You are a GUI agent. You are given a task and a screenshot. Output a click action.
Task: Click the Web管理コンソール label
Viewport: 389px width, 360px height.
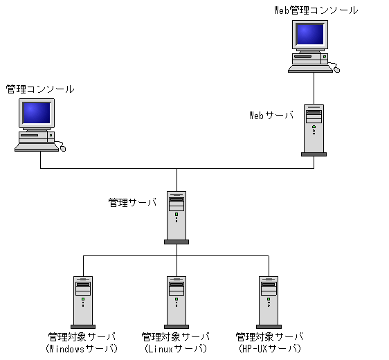point(316,10)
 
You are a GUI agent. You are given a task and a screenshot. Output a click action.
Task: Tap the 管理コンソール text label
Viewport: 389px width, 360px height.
point(40,89)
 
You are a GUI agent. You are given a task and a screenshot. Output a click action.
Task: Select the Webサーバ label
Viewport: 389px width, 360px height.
point(271,115)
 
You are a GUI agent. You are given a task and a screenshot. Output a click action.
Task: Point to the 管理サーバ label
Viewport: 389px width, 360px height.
point(132,203)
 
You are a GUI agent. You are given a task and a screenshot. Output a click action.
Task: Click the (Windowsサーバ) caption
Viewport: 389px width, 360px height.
point(82,348)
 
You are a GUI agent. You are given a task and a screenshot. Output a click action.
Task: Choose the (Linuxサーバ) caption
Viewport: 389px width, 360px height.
point(176,348)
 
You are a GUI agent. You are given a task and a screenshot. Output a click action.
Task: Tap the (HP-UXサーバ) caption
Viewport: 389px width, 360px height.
point(269,348)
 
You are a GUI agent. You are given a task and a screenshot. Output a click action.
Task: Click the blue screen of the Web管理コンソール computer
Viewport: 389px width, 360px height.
point(309,35)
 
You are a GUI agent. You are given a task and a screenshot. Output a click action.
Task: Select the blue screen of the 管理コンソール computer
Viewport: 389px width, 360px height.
point(37,112)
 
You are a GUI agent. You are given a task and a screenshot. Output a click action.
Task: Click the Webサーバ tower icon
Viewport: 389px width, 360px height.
point(314,129)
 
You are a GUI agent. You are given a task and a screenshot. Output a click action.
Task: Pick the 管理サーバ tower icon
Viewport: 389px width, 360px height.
point(177,217)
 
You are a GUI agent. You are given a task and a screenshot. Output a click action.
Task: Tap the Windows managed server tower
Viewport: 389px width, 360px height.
point(83,301)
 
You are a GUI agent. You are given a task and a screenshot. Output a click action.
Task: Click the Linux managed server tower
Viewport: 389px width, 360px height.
point(177,301)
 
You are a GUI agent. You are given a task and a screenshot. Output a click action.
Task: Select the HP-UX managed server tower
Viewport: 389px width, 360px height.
point(269,301)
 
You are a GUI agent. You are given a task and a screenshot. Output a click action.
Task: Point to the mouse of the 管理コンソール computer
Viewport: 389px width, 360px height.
point(64,147)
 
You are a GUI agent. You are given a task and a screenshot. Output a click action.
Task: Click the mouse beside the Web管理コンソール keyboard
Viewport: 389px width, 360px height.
point(336,69)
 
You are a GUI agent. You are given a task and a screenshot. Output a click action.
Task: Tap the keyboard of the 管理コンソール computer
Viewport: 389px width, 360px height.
point(36,147)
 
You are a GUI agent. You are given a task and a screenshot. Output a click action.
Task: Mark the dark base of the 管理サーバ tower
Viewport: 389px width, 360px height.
point(177,242)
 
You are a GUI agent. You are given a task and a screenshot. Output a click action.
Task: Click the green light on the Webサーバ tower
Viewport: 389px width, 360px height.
point(314,127)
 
